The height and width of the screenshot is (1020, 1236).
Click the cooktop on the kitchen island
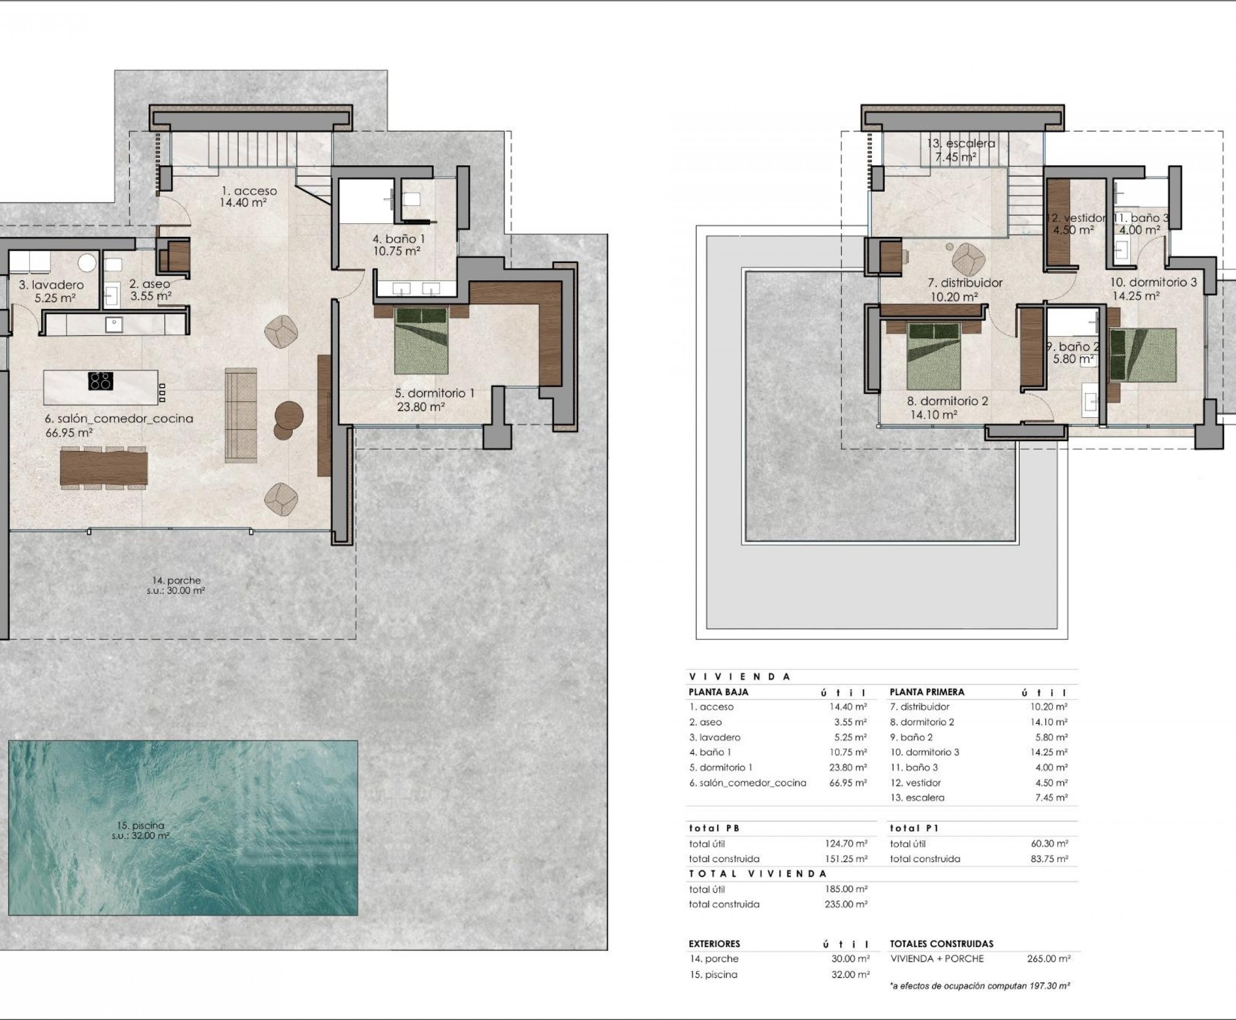[x=100, y=381]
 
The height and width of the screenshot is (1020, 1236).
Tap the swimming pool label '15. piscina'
[x=141, y=826]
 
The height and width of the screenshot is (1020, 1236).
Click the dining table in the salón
[x=104, y=468]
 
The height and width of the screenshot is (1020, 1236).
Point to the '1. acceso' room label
[x=249, y=191]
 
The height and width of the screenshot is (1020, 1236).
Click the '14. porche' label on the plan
[x=176, y=580]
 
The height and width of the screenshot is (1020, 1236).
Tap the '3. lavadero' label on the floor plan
[x=51, y=285]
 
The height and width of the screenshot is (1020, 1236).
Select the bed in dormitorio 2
[x=933, y=356]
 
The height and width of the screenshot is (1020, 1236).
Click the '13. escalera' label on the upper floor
[x=961, y=143]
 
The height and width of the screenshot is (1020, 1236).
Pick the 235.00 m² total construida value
[x=845, y=904]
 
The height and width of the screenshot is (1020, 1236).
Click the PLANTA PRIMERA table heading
[x=926, y=692]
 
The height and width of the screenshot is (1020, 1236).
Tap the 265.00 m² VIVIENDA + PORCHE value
[x=1049, y=958]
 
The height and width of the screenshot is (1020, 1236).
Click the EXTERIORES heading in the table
[x=714, y=944]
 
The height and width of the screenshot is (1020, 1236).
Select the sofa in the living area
[x=241, y=415]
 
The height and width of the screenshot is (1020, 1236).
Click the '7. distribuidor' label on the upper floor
[x=965, y=282]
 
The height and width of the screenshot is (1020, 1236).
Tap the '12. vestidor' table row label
[x=915, y=783]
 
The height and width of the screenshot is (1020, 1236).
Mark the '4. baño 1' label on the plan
[x=398, y=239]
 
